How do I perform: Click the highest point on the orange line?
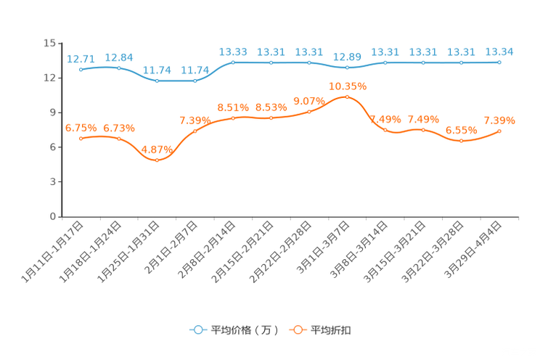(347, 97)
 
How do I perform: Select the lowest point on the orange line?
(157, 160)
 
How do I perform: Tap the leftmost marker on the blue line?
(81, 69)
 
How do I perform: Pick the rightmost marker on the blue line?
(499, 62)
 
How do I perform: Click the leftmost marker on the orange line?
(81, 138)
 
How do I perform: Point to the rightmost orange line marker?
(499, 131)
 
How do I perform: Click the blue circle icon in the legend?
(197, 330)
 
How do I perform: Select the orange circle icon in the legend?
(298, 330)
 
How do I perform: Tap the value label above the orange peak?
(347, 85)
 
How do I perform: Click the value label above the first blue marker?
(81, 57)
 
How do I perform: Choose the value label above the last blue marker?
(499, 51)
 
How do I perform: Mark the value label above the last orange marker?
(499, 120)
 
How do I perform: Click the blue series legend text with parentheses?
(245, 330)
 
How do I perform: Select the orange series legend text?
(332, 330)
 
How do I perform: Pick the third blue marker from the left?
(157, 81)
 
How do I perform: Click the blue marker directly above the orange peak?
(347, 67)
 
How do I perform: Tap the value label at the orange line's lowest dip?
(157, 149)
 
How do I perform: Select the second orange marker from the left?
(119, 138)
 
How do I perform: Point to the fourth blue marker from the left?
(195, 81)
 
